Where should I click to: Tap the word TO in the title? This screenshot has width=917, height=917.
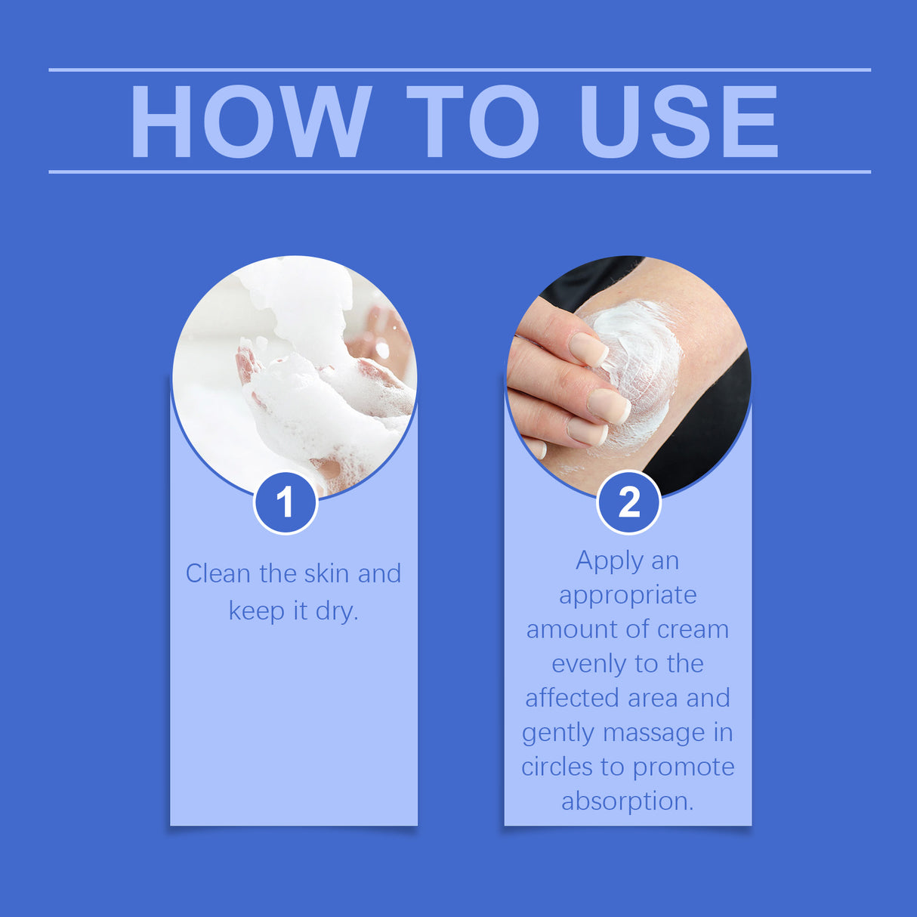coord(473,122)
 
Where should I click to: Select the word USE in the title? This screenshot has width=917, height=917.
coord(678,122)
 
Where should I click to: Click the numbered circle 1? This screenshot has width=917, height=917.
coord(286,502)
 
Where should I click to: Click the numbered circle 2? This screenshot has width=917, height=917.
coord(628,502)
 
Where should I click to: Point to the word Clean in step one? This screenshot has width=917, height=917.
coord(218,573)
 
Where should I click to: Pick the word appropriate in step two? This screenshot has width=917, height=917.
coord(628,595)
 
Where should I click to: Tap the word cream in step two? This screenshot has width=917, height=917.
coord(693,629)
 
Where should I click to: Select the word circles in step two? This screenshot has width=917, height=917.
coord(557,767)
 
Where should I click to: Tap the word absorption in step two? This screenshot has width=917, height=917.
coord(627,801)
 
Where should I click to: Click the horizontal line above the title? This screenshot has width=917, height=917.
coord(459,69)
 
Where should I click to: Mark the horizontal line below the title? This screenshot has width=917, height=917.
coord(459,171)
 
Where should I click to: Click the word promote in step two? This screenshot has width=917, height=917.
coord(683,767)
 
